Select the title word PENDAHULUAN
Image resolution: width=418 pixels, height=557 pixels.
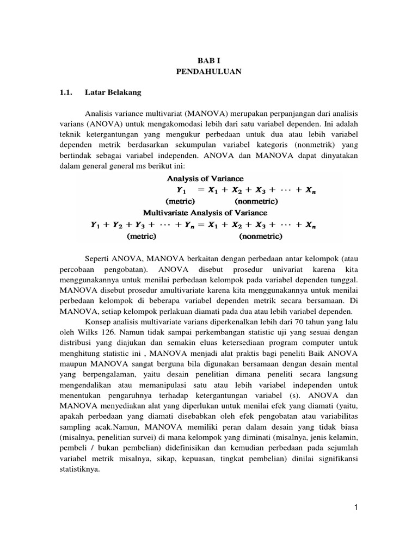tap(208, 71)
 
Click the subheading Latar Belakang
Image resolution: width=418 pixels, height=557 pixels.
tap(113, 92)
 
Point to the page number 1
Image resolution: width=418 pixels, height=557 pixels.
tap(354, 508)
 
